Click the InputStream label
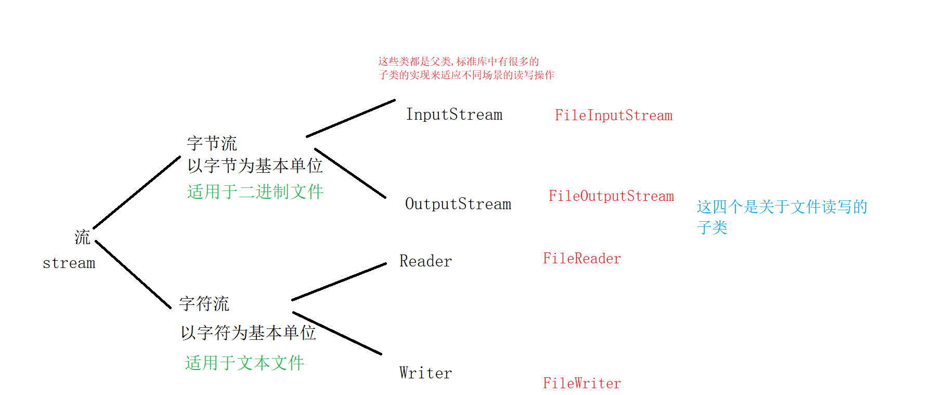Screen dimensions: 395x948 coord(454,114)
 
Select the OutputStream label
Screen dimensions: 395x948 coord(458,204)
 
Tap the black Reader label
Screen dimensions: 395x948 coord(425,261)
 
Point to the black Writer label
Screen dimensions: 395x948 coord(425,373)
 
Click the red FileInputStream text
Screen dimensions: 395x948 coord(614,116)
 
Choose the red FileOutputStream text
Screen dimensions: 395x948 coord(611,196)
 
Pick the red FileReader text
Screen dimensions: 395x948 coord(582,259)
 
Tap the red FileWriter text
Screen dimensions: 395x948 coord(582,384)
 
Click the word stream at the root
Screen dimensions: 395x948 coord(69,263)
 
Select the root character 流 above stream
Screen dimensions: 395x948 coord(82,237)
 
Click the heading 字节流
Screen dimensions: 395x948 coord(212,143)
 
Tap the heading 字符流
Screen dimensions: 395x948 coord(204,303)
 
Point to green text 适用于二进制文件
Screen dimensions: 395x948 coord(255,192)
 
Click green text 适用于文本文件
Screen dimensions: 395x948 coord(244,363)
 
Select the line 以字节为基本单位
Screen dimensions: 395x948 coord(255,165)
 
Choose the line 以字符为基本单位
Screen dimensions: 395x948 coord(248,333)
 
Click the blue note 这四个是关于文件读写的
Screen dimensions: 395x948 coord(782,207)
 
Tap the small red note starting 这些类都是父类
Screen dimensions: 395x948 coord(458,61)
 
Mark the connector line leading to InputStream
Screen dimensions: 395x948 coord(351,118)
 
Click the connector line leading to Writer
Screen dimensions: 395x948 coord(337,333)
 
